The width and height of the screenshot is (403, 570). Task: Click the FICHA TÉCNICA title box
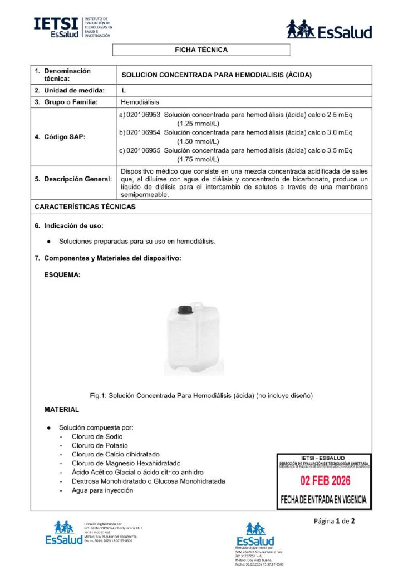[x=201, y=50]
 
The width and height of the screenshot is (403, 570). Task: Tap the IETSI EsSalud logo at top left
[x=72, y=27]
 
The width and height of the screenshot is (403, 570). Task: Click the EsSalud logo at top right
[x=328, y=30]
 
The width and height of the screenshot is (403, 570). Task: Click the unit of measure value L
[x=123, y=90]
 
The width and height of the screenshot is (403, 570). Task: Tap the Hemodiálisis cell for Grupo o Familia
[x=140, y=102]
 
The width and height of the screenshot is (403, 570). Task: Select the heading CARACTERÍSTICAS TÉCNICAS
[x=85, y=207]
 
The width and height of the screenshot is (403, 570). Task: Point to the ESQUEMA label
[x=62, y=274]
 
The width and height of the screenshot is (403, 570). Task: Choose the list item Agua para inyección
[x=102, y=490]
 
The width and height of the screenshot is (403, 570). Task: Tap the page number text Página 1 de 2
[x=334, y=521]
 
